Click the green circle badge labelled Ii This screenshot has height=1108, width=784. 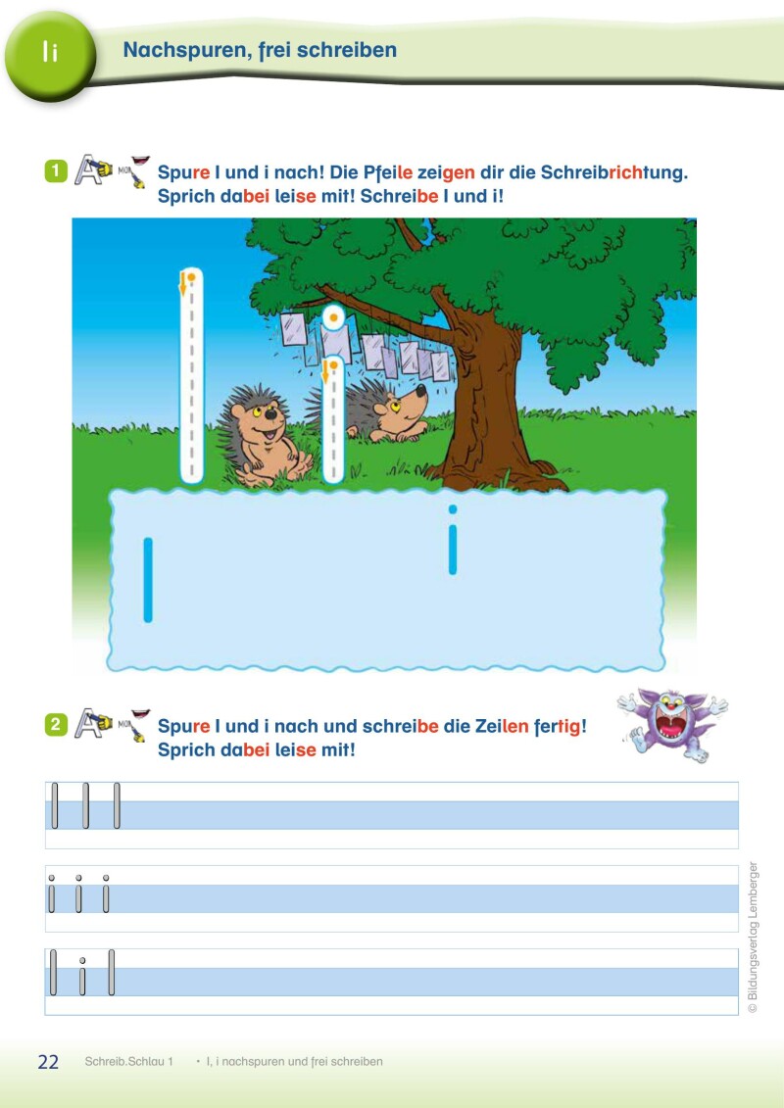[49, 55]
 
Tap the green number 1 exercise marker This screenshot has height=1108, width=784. [56, 171]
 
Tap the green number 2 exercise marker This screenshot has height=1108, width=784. [56, 724]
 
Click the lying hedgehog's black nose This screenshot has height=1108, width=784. [420, 389]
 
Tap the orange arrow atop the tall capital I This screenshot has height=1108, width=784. [182, 284]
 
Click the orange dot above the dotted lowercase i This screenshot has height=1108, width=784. [333, 318]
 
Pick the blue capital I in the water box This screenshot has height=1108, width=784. [148, 580]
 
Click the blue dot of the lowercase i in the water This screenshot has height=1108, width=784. [453, 508]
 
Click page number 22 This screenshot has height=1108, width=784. [48, 1061]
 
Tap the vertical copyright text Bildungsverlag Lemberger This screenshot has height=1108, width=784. [753, 937]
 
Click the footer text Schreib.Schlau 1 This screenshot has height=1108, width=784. [128, 1061]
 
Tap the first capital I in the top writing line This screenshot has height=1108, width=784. [55, 805]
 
